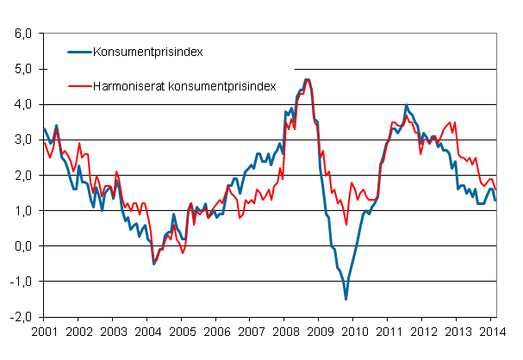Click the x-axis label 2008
point(283,331)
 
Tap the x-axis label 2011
point(387,331)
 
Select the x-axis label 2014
point(489,331)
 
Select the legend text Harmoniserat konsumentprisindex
point(185,86)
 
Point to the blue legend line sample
point(81,51)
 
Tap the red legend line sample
point(81,86)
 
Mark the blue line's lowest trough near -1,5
point(346,299)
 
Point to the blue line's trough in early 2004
point(153,263)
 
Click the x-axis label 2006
point(215,331)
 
